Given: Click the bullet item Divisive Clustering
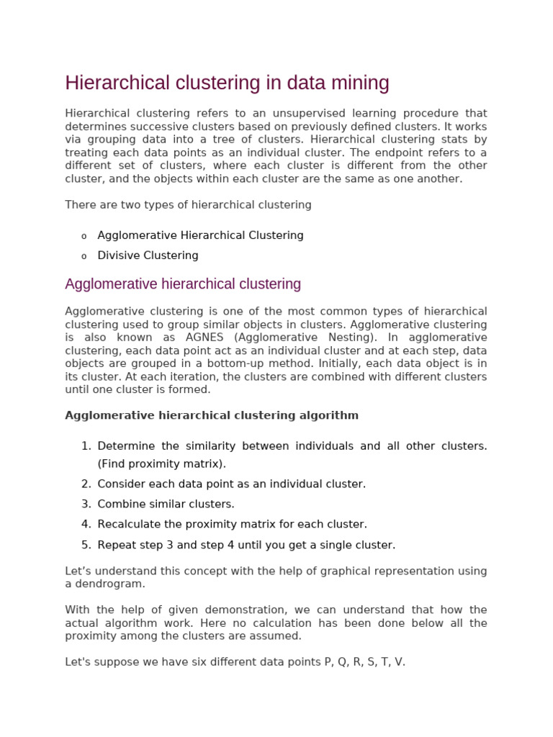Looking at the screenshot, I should (148, 256).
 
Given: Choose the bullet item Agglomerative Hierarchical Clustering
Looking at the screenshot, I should (200, 235).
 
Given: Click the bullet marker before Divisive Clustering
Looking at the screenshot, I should (84, 256).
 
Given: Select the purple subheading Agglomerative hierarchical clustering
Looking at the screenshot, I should (183, 284).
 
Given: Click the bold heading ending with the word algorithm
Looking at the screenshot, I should (212, 415).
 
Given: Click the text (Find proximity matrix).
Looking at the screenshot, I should (161, 464).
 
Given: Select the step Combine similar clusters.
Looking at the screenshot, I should (166, 505).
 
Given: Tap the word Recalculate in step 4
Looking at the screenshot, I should (127, 525).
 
